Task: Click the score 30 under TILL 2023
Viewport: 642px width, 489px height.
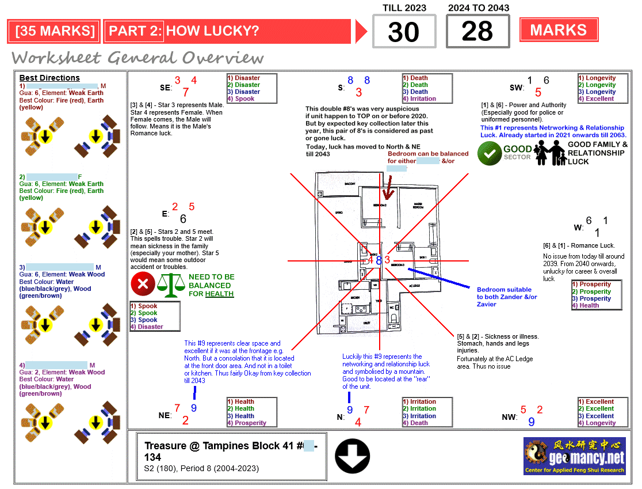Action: coord(404,32)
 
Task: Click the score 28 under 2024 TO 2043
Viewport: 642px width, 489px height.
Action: coord(477,32)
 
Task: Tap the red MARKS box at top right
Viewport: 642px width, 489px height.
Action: coord(558,30)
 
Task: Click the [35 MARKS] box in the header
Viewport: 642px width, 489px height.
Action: coord(55,31)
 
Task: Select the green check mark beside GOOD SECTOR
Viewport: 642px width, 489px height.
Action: coord(490,153)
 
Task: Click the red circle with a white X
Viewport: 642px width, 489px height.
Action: coord(143,284)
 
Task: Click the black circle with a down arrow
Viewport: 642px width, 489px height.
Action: coord(352,456)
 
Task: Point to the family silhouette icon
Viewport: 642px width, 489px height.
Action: coord(550,153)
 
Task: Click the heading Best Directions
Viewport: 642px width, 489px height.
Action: coord(49,78)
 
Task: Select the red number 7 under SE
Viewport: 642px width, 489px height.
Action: coord(186,92)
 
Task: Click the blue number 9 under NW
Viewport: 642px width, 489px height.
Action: coord(531,422)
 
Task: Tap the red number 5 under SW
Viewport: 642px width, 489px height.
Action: coord(538,92)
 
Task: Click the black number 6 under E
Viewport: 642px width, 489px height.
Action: coord(183,219)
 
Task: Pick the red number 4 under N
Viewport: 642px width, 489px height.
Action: coord(358,422)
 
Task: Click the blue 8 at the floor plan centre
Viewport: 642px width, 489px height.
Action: coord(379,260)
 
